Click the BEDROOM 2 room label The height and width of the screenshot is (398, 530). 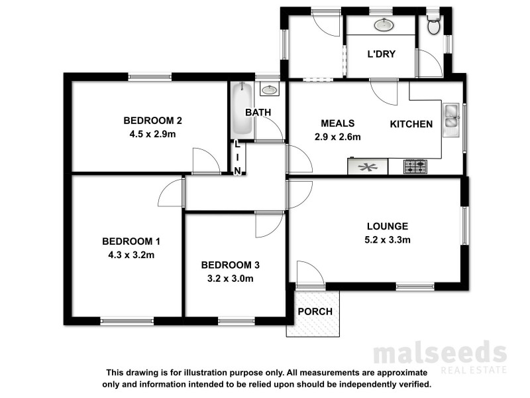tap(152, 121)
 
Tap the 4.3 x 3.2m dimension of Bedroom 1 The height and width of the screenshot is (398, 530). tap(131, 254)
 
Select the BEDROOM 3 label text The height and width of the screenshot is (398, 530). tap(230, 265)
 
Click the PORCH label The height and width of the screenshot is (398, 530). tap(315, 312)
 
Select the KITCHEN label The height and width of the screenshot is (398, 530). tap(411, 124)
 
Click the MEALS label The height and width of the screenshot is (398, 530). tap(338, 123)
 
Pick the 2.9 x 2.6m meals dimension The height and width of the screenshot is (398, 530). tap(338, 137)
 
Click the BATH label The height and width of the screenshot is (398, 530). tap(258, 113)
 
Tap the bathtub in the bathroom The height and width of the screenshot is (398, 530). tap(241, 111)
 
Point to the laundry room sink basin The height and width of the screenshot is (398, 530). tap(382, 26)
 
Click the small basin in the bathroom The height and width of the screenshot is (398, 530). tap(270, 90)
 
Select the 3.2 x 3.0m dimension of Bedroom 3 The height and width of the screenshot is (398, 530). tap(230, 279)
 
